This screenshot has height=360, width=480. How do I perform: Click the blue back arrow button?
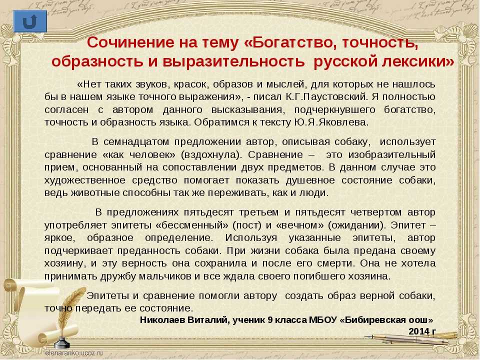30,21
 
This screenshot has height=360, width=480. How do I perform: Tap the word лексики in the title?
418,61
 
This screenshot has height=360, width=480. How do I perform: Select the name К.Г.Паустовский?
326,96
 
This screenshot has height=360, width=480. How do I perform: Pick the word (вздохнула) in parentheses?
211,155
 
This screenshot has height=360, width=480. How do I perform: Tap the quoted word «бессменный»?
192,225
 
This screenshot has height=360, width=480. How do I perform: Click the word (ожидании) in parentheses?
356,225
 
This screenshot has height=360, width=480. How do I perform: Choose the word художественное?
85,180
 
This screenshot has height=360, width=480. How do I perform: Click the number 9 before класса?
269,320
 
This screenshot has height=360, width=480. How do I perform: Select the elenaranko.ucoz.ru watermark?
74,353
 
